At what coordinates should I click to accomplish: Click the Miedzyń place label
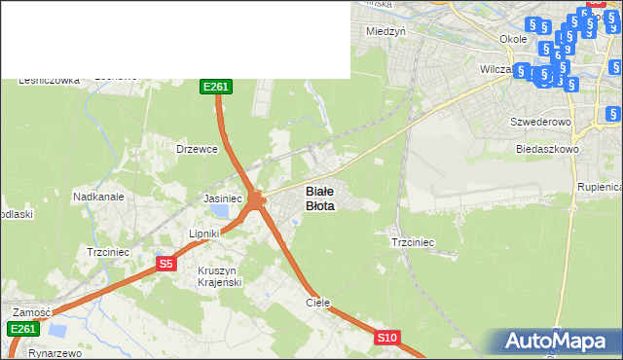coord(385,30)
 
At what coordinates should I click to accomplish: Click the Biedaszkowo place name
coord(547,150)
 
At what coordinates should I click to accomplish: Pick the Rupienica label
coord(600,186)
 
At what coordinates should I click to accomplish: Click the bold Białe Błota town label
coord(320,198)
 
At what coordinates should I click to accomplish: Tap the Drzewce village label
coord(196,149)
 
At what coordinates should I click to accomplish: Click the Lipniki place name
coord(205,234)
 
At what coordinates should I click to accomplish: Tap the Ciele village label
coord(318,303)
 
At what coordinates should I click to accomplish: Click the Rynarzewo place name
coord(54,353)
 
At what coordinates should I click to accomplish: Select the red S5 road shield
coord(165,264)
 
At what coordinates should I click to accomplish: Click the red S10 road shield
coord(386,338)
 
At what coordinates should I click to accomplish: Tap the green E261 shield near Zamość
coord(24,330)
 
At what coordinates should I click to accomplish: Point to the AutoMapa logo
coord(559,342)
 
